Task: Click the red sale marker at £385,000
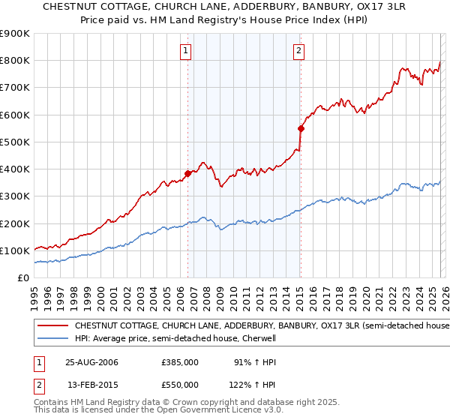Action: (188, 173)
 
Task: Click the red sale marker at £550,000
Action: (301, 128)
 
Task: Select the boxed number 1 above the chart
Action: (184, 51)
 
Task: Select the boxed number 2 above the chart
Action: (298, 51)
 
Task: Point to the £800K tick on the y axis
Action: (16, 61)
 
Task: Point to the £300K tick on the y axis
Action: (16, 196)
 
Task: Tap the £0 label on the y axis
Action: (23, 278)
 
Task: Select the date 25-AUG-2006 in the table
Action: (91, 362)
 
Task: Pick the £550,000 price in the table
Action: (180, 385)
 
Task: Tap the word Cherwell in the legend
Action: (260, 339)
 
